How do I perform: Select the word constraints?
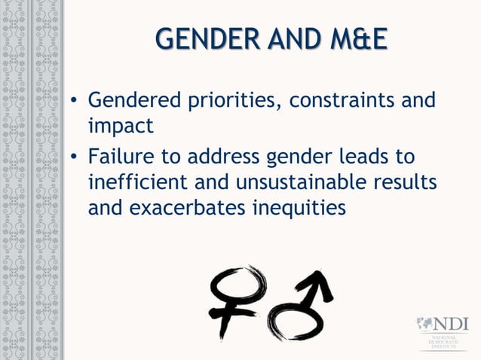[x=341, y=101]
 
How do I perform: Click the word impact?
[x=121, y=124]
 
